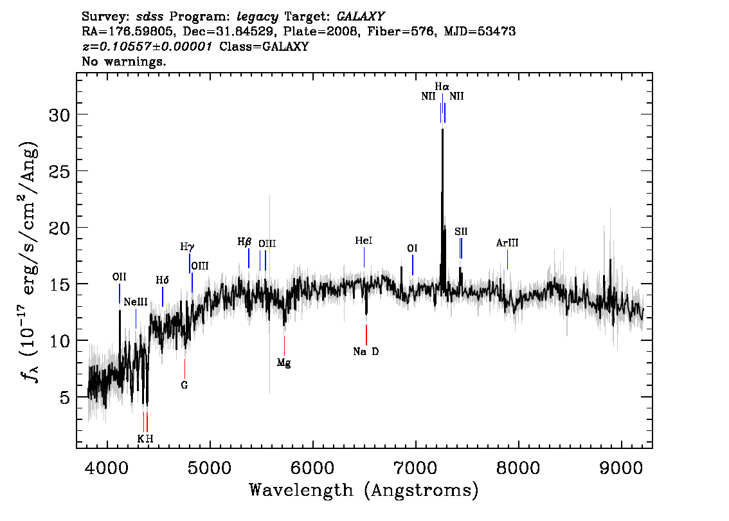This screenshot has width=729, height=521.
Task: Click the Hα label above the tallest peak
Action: (442, 87)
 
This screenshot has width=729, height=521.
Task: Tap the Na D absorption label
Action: (366, 352)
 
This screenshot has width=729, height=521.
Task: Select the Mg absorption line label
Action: (284, 363)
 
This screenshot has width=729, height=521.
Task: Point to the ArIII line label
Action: (507, 243)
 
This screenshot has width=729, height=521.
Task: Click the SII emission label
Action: (461, 232)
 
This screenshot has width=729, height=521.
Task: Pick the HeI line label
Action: (364, 241)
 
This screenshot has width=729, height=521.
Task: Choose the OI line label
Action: (412, 248)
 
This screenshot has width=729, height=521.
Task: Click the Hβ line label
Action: (244, 242)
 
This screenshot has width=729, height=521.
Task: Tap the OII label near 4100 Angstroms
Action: (120, 277)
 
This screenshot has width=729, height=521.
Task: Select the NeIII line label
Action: (136, 302)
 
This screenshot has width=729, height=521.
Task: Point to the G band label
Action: (184, 385)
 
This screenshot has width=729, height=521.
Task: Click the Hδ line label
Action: (162, 280)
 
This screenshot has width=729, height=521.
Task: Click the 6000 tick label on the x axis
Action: (313, 468)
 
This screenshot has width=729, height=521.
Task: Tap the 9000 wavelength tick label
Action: (621, 468)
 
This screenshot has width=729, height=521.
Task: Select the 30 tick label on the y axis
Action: (60, 115)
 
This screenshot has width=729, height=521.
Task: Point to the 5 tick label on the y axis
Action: (65, 398)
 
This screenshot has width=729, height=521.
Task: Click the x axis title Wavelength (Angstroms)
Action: (364, 490)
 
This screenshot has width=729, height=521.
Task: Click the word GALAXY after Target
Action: (361, 17)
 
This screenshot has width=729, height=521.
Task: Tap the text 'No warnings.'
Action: (123, 61)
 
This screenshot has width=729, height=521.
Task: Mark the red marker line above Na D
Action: (366, 335)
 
